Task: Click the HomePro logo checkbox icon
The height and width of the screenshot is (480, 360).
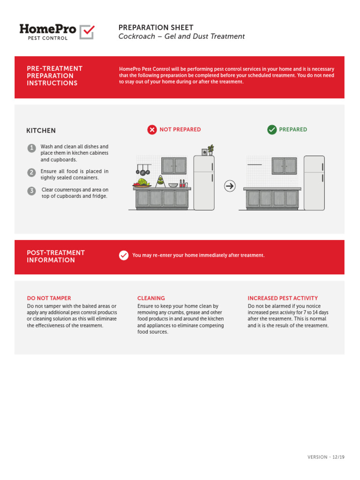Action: pyautogui.click(x=87, y=32)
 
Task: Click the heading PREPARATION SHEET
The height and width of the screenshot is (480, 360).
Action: pyautogui.click(x=156, y=28)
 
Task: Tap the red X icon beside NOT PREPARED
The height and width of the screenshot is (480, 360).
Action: pyautogui.click(x=152, y=130)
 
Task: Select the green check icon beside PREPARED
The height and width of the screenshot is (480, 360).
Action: pyautogui.click(x=272, y=130)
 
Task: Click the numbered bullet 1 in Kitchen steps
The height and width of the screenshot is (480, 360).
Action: pyautogui.click(x=31, y=148)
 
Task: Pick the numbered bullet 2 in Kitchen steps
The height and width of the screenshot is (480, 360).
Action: pyautogui.click(x=31, y=172)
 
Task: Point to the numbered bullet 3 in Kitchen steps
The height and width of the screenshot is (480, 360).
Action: pyautogui.click(x=31, y=191)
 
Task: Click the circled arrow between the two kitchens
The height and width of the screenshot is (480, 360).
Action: pyautogui.click(x=230, y=187)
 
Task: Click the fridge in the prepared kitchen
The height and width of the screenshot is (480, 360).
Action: pyautogui.click(x=314, y=183)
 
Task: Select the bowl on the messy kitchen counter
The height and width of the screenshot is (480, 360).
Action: pyautogui.click(x=173, y=185)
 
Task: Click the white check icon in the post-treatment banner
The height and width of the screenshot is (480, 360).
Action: pyautogui.click(x=124, y=255)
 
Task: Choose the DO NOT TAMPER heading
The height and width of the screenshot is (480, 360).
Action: pyautogui.click(x=49, y=298)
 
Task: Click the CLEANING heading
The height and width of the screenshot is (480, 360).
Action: pyautogui.click(x=151, y=298)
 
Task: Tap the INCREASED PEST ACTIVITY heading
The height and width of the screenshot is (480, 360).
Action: pyautogui.click(x=283, y=298)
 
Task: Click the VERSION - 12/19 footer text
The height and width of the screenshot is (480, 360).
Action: pyautogui.click(x=326, y=457)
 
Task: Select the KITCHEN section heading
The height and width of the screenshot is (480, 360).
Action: pyautogui.click(x=41, y=131)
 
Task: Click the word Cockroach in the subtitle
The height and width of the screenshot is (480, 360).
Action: pyautogui.click(x=136, y=37)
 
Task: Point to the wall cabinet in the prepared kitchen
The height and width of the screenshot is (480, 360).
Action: pyautogui.click(x=285, y=166)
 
